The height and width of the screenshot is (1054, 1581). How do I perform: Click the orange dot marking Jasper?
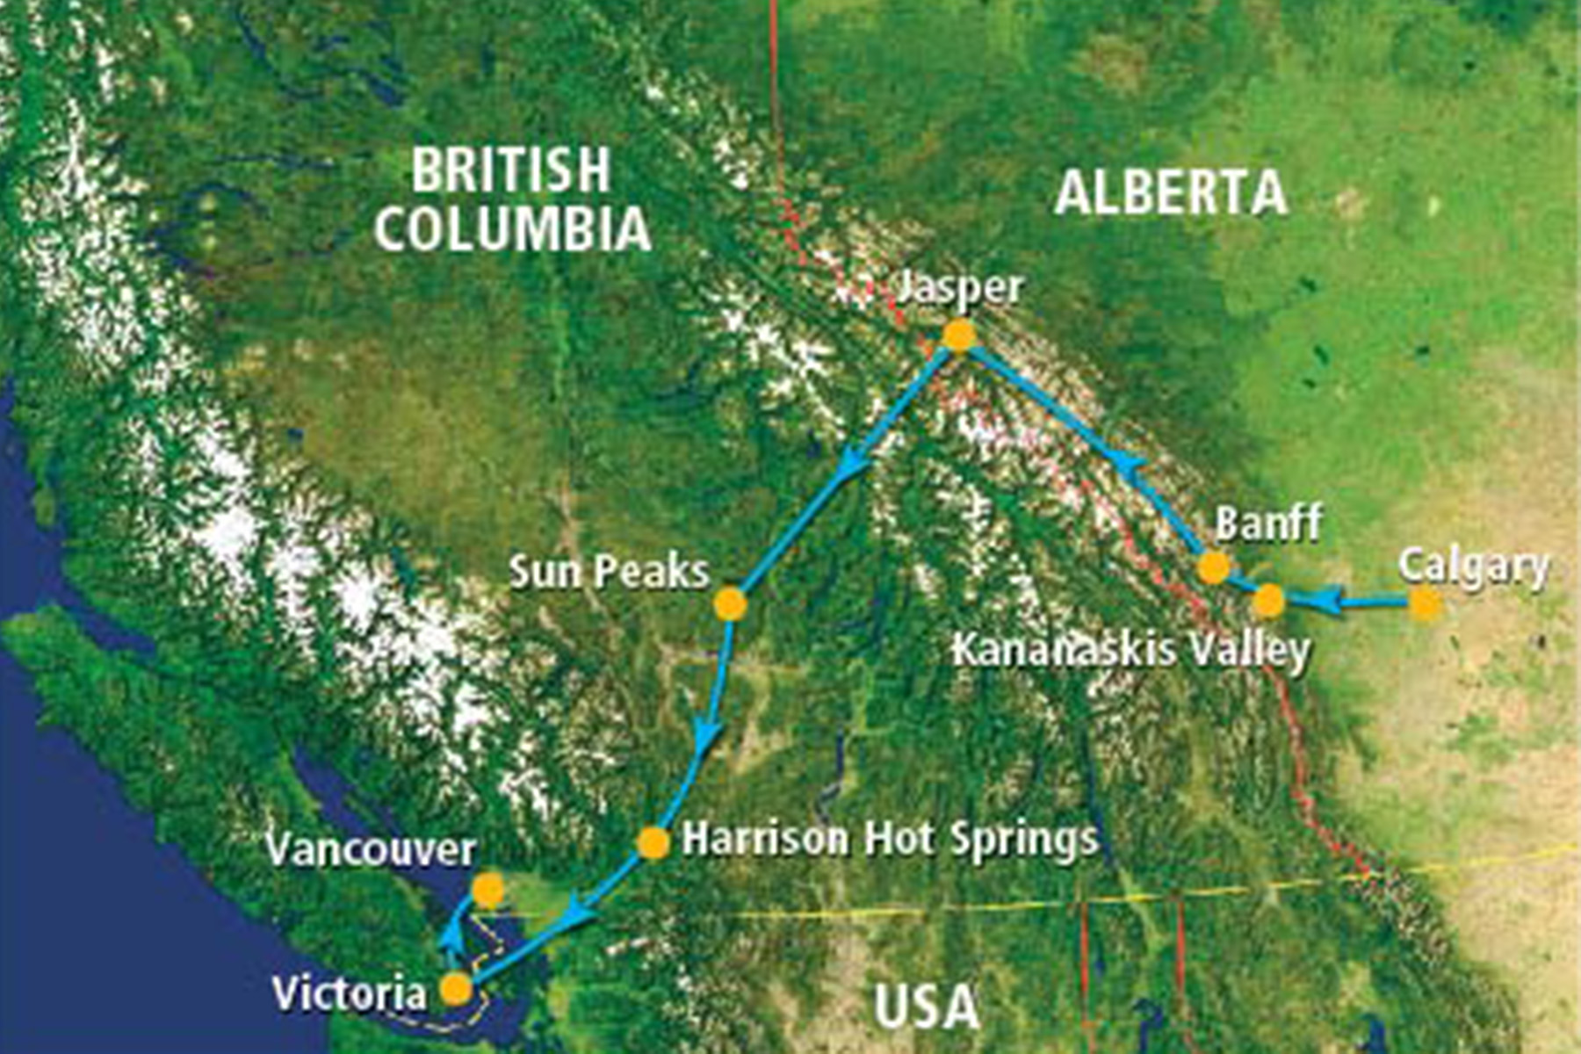(x=959, y=336)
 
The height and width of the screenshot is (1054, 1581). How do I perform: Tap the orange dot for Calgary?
(x=1426, y=603)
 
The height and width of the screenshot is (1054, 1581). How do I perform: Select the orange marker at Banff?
(x=1214, y=567)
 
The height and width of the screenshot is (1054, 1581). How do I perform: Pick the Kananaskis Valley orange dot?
(x=1268, y=602)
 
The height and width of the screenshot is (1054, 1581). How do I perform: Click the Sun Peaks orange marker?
(x=730, y=604)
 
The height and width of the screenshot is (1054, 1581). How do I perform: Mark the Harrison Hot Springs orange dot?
(x=653, y=842)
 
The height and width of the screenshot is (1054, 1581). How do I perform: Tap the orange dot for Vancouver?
(x=488, y=891)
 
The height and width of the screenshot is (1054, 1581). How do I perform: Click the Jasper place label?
(x=959, y=289)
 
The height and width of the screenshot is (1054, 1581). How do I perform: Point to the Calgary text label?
(x=1473, y=567)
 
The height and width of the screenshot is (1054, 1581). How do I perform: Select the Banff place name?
(x=1268, y=523)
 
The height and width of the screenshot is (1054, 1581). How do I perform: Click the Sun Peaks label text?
(x=609, y=572)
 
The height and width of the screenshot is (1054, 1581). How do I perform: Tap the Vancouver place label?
(x=371, y=849)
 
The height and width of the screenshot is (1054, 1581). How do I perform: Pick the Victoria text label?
(x=349, y=993)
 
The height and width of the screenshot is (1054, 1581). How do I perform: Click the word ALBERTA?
(x=1171, y=193)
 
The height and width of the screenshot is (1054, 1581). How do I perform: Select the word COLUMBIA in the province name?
(x=512, y=228)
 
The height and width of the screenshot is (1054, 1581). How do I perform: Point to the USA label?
(x=927, y=1007)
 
